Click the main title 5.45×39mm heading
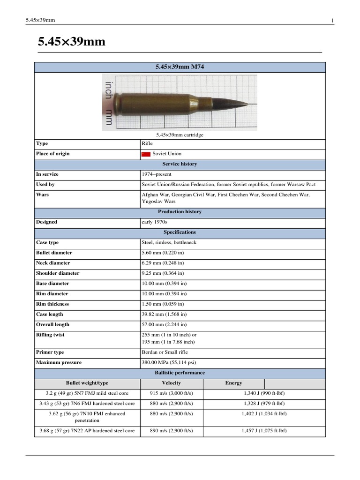click(71, 42)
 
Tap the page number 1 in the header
click(332, 20)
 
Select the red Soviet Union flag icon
click(146, 154)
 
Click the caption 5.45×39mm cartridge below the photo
click(180, 135)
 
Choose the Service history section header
click(180, 164)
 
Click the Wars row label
click(42, 195)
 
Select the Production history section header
click(180, 212)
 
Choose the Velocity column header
click(171, 383)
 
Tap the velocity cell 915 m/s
click(171, 393)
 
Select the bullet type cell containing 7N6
click(87, 403)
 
